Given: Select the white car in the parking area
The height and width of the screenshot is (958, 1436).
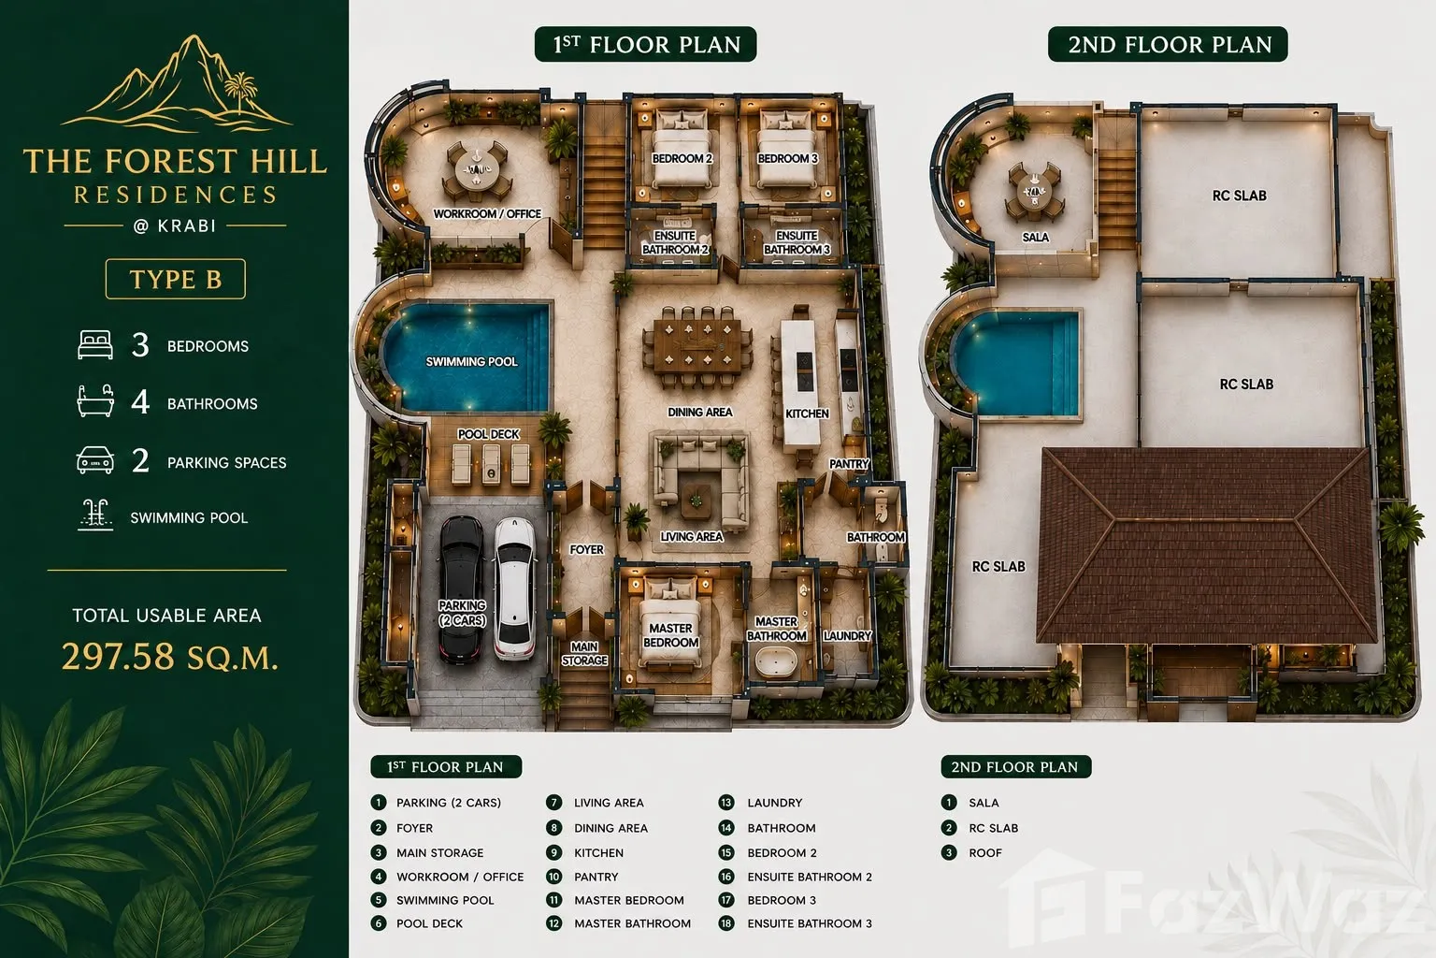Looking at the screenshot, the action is [x=514, y=588].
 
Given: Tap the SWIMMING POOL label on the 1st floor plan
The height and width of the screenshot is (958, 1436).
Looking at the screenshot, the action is [x=471, y=362].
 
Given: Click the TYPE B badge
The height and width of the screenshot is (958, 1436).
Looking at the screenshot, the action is [x=175, y=279].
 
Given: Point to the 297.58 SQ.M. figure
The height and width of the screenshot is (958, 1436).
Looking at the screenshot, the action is [x=170, y=657].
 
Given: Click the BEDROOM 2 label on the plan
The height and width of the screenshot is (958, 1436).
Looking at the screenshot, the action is [x=682, y=158].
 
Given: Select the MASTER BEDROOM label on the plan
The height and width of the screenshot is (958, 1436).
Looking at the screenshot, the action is [x=670, y=635].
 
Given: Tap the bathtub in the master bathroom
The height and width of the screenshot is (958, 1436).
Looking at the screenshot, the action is [x=776, y=661].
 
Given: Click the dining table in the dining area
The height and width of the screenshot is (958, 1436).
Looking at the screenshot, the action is [x=697, y=347].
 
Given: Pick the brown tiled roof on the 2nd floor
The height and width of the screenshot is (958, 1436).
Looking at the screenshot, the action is [x=1207, y=545].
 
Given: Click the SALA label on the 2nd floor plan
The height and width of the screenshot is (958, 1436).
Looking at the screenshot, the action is [x=1035, y=238].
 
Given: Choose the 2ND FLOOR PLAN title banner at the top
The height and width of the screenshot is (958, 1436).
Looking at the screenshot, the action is [x=1168, y=44].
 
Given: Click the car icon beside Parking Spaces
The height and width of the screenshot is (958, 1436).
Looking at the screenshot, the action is [x=94, y=460].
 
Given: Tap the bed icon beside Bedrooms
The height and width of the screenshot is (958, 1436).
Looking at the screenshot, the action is [x=94, y=344].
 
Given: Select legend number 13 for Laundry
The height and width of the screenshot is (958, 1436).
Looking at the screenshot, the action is [x=725, y=803].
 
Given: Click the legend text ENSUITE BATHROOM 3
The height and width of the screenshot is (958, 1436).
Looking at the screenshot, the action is [x=809, y=923].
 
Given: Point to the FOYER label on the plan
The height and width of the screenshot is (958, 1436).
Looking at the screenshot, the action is [x=586, y=550].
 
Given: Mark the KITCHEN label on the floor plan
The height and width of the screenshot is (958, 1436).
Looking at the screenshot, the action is [x=807, y=414].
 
